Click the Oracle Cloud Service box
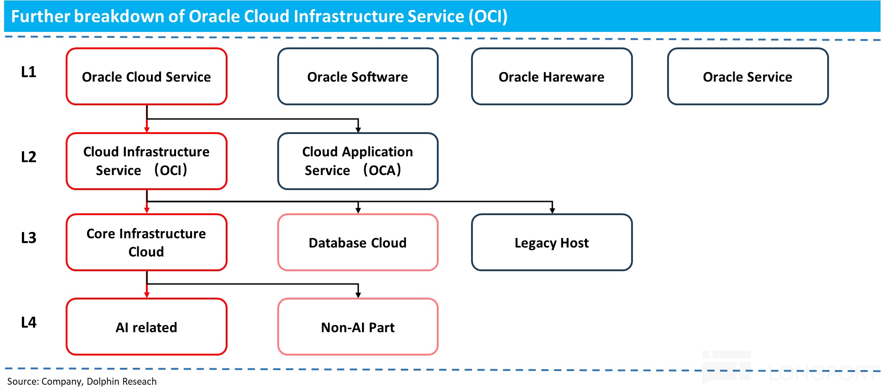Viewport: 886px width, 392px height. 146,77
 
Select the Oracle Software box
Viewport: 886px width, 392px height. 358,77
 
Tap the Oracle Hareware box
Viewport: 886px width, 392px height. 552,77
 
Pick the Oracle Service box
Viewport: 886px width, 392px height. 748,77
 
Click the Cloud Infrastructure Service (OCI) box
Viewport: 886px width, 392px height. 146,161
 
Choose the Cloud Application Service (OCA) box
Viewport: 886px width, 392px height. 358,161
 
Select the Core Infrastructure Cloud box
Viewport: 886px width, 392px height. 146,242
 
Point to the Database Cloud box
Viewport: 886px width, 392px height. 358,242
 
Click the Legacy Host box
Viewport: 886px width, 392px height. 552,242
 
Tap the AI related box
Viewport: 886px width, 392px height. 146,327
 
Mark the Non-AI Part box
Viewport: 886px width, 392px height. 358,327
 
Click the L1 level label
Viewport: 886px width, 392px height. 29,72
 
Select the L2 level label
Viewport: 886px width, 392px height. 29,157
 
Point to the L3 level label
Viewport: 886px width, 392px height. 29,238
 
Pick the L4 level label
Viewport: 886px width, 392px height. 29,323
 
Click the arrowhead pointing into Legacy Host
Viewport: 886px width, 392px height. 552,210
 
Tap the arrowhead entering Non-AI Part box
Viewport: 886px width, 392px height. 358,295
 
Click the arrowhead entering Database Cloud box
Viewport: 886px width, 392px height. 358,210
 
